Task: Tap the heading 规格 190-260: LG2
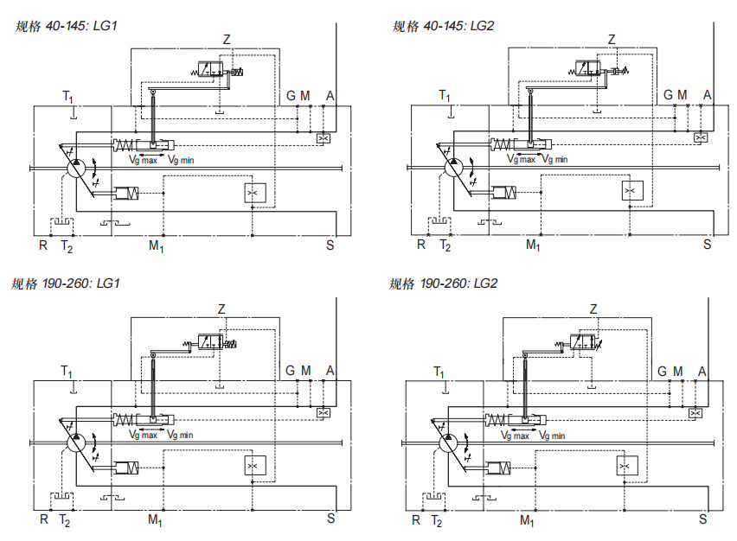point(443,283)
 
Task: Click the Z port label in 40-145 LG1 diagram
point(227,40)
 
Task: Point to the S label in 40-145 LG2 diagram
point(707,245)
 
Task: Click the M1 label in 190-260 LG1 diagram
point(155,520)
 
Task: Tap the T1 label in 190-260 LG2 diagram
point(439,372)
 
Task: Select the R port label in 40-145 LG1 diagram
point(43,245)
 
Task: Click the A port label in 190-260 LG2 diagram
point(702,372)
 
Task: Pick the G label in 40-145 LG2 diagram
point(668,95)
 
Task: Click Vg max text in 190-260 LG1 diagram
point(143,436)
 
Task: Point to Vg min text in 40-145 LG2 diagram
point(554,159)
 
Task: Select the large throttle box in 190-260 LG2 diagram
point(625,467)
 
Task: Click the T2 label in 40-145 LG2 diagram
point(445,245)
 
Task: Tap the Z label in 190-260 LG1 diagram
point(221,309)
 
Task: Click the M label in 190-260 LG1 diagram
point(305,371)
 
